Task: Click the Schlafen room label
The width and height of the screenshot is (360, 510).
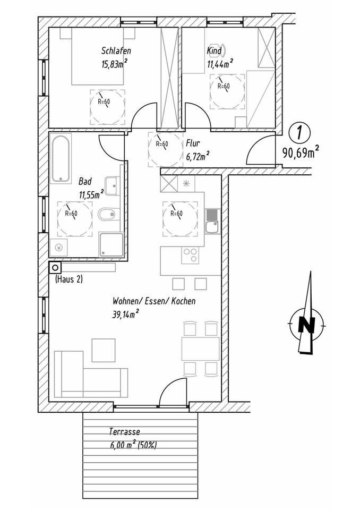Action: click(116, 51)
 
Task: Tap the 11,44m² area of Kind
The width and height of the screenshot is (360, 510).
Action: click(220, 63)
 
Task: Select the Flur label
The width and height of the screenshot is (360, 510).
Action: click(193, 143)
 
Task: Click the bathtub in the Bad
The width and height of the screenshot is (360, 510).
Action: click(61, 158)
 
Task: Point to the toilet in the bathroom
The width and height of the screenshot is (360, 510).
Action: click(108, 214)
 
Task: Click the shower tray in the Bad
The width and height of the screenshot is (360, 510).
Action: click(111, 244)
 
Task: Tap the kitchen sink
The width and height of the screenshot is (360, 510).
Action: click(212, 221)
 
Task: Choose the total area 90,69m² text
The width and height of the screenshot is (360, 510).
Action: click(300, 152)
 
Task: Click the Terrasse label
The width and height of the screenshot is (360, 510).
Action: click(125, 431)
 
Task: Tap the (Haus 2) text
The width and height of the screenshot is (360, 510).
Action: click(68, 279)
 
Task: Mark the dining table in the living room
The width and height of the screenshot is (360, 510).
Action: click(200, 348)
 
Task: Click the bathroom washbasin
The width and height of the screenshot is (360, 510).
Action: click(112, 186)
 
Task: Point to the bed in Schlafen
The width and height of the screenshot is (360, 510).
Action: click(97, 56)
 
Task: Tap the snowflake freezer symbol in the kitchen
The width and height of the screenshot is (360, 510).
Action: click(186, 183)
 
